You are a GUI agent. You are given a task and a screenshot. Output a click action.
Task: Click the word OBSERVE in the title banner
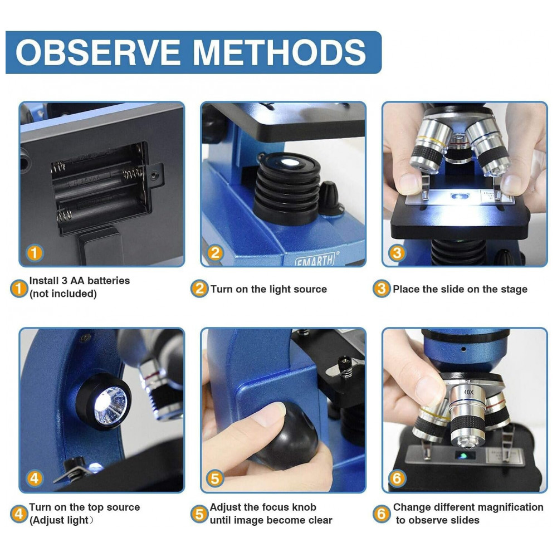97,52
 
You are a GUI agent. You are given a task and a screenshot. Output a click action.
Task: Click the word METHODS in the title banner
279,52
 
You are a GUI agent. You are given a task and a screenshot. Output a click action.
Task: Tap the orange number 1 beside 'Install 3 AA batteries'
19,288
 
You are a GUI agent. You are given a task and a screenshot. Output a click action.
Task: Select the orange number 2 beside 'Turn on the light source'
199,289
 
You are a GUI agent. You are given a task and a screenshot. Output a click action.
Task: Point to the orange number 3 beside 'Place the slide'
382,289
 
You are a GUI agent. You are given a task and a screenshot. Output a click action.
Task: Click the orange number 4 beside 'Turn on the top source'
19,514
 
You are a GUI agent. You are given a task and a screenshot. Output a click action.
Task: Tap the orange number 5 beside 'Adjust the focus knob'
199,514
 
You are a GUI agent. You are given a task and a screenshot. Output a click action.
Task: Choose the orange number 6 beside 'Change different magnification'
382,514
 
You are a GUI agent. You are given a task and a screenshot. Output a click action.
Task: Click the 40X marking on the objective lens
468,392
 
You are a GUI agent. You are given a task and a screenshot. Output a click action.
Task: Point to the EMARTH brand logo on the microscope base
315,260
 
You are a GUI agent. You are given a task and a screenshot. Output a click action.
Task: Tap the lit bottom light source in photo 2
290,163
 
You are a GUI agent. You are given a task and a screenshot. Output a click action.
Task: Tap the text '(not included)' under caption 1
63,294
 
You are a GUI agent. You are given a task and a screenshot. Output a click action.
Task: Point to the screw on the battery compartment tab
154,175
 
